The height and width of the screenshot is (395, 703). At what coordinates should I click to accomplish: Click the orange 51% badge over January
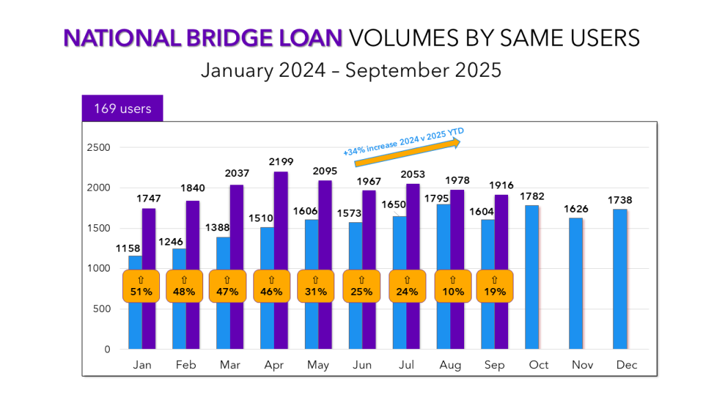click(141, 286)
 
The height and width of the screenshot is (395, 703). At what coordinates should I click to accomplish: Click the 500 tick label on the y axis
click(102, 309)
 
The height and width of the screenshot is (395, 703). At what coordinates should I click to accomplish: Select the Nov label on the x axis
click(583, 365)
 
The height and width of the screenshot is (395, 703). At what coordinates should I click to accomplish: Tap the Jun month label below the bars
click(362, 365)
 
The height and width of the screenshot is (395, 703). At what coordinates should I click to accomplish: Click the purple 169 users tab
click(122, 108)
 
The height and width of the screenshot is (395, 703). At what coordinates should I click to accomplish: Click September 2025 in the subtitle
click(424, 70)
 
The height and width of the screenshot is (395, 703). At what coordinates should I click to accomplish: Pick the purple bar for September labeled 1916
click(502, 272)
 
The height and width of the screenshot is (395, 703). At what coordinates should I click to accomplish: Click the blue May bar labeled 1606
click(311, 284)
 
